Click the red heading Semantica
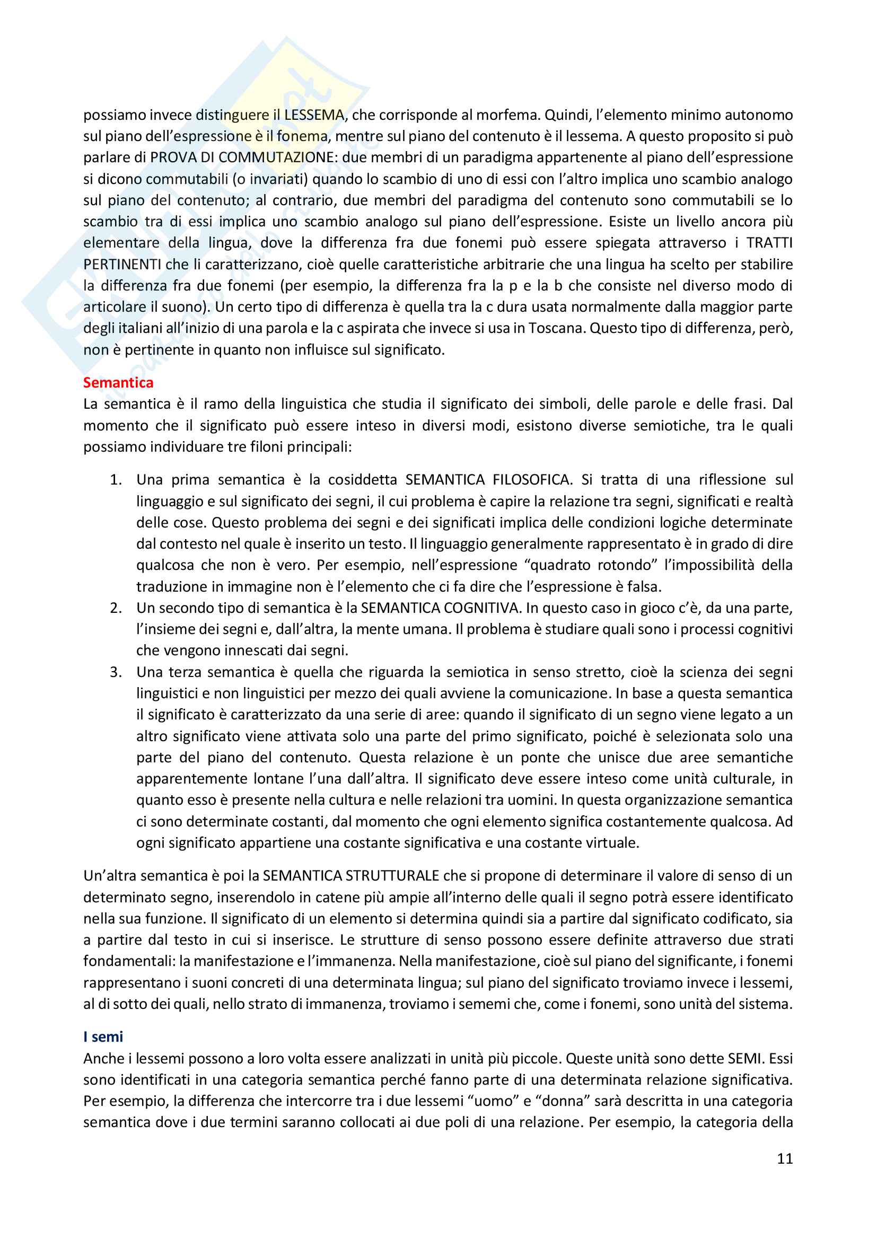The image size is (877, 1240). pyautogui.click(x=118, y=382)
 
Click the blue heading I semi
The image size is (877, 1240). pyautogui.click(x=103, y=1036)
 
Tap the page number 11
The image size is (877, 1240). pyautogui.click(x=785, y=1158)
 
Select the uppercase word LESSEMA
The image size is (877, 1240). pyautogui.click(x=314, y=115)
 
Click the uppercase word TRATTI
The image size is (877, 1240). pyautogui.click(x=769, y=242)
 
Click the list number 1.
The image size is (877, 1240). pyautogui.click(x=116, y=480)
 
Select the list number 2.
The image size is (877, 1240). pyautogui.click(x=116, y=608)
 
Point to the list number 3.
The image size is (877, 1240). pyautogui.click(x=116, y=672)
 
